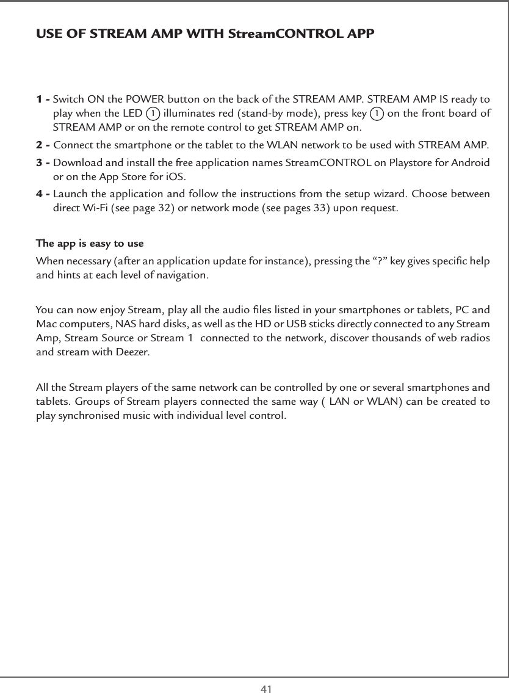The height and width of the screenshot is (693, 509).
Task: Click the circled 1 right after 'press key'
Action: coord(377,114)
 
